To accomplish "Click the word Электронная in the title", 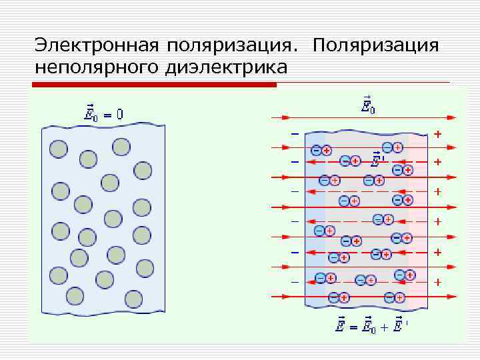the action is pyautogui.click(x=97, y=46).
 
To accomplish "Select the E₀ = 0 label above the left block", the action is pyautogui.click(x=103, y=113).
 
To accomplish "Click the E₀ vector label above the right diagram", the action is pyautogui.click(x=367, y=105).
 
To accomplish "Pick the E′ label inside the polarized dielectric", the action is pyautogui.click(x=377, y=160).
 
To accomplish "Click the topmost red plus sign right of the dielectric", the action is pyautogui.click(x=437, y=134).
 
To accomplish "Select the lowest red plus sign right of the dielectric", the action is pyautogui.click(x=437, y=282).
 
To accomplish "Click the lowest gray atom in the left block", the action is pyautogui.click(x=133, y=297).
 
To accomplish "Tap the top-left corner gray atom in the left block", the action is pyautogui.click(x=59, y=149).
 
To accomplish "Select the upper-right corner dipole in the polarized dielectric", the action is pyautogui.click(x=392, y=147).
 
